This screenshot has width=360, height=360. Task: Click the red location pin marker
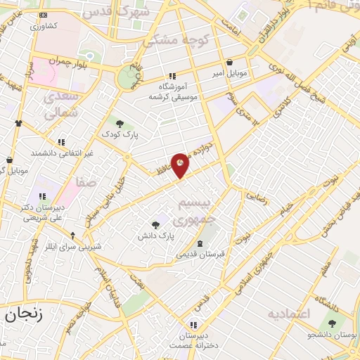pyautogui.click(x=180, y=165)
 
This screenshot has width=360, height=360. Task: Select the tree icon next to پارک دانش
pyautogui.click(x=155, y=225)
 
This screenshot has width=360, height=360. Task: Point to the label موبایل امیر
pyautogui.click(x=229, y=72)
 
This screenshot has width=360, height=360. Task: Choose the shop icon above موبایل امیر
pyautogui.click(x=231, y=62)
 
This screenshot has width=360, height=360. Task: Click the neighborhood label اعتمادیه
pyautogui.click(x=288, y=313)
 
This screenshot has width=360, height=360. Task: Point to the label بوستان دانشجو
pyautogui.click(x=332, y=335)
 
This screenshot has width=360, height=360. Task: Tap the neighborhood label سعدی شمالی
pyautogui.click(x=62, y=104)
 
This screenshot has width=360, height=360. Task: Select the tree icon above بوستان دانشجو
pyautogui.click(x=332, y=323)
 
